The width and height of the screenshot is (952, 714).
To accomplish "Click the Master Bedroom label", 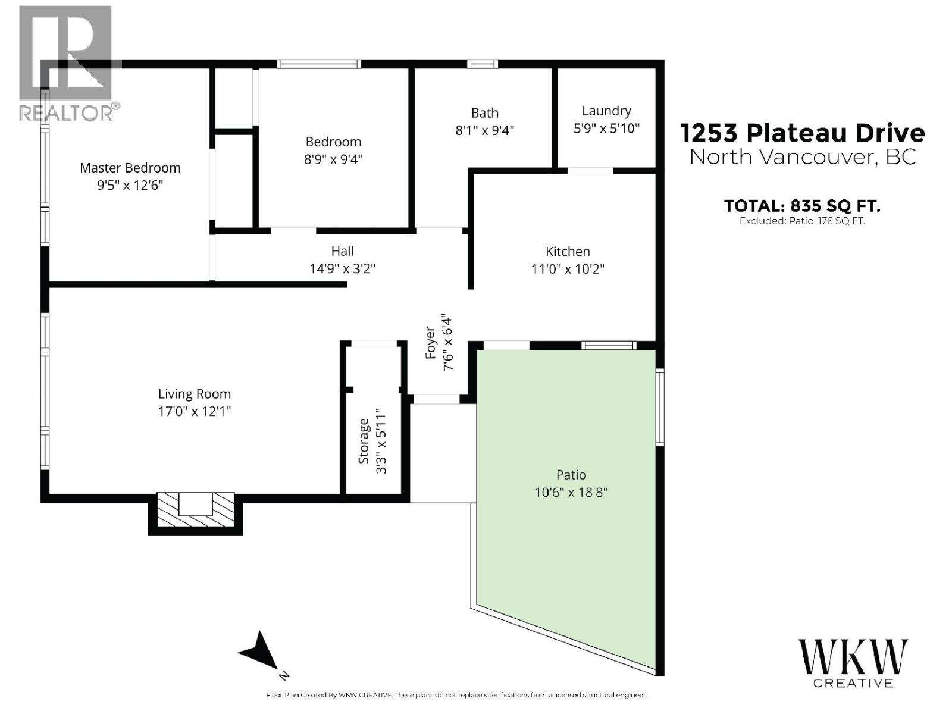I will coord(130,168).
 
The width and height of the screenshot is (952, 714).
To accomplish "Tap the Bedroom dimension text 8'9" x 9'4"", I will coord(333,159).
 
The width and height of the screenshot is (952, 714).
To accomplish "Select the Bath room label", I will coord(484,112).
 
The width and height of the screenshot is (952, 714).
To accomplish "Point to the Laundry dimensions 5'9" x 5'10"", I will coord(606,129).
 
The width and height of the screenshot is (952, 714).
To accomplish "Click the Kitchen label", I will coord(567,252).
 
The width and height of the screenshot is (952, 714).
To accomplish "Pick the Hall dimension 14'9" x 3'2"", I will coord(342,268).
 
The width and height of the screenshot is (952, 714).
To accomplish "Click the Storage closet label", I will coord(364,441).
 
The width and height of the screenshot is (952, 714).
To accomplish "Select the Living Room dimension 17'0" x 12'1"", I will coord(194,411).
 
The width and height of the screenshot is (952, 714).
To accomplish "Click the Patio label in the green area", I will coord(571,475).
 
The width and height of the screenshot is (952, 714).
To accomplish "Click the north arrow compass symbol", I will coord(261,654).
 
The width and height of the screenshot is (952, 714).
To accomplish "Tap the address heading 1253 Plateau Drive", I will coord(802,133).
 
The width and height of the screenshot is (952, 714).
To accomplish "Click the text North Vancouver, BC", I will coord(802,157).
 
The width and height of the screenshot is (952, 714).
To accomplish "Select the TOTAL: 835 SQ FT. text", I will coord(801,206).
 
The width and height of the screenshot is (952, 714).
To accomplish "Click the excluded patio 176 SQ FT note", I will coord(801,221).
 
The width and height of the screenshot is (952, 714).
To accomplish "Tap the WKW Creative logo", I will coord(853,662).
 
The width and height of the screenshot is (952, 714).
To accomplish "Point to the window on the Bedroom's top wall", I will coord(319,64).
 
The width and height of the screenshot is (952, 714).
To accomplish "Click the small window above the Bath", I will coord(482,64).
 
